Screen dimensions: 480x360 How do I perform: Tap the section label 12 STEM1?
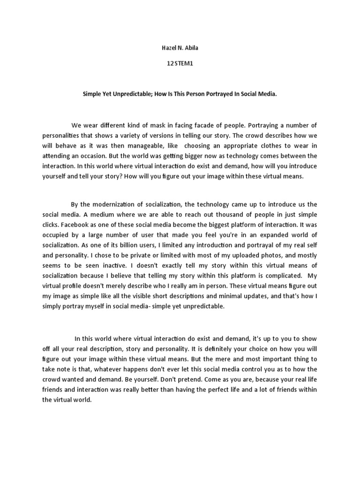click(x=180, y=65)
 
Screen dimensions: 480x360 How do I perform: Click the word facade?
click(x=199, y=125)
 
